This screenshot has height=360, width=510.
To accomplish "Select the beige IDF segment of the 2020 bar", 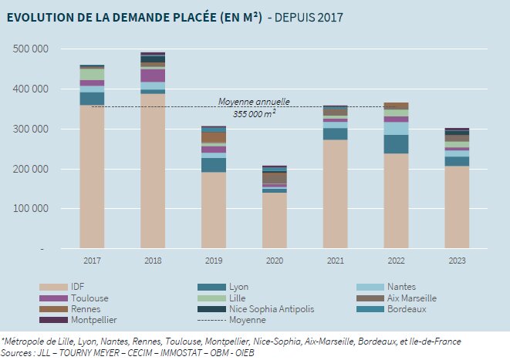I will pyautogui.click(x=274, y=220).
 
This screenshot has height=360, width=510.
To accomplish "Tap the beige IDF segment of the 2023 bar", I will pyautogui.click(x=457, y=207).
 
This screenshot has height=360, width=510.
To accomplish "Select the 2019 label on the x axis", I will pyautogui.click(x=214, y=261).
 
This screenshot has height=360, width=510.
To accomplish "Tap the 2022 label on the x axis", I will pyautogui.click(x=396, y=261).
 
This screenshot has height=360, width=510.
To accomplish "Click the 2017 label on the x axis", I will pyautogui.click(x=92, y=261).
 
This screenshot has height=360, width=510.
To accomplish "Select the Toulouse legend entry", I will pyautogui.click(x=88, y=298).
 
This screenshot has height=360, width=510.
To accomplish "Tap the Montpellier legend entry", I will pyautogui.click(x=92, y=320).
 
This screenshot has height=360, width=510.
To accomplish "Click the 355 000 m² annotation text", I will pyautogui.click(x=254, y=112).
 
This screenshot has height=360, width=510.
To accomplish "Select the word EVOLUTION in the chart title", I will pyautogui.click(x=39, y=17).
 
